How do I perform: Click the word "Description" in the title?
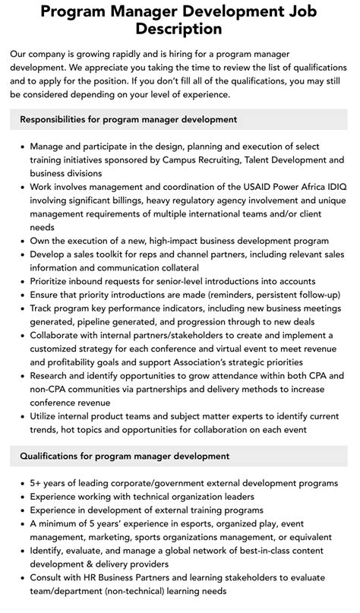180,29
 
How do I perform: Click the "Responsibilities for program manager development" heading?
128,119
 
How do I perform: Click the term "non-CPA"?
49,389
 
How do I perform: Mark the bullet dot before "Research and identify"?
20,375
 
